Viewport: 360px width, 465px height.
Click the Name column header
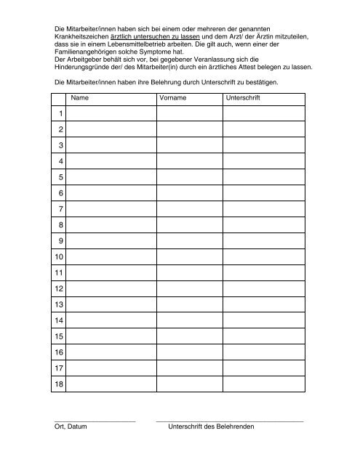pyautogui.click(x=81, y=97)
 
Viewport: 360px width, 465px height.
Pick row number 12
pyautogui.click(x=59, y=288)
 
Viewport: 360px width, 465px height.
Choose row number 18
pyautogui.click(x=59, y=383)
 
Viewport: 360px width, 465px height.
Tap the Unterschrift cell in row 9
pyautogui.click(x=263, y=240)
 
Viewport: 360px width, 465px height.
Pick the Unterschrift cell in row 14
pyautogui.click(x=263, y=320)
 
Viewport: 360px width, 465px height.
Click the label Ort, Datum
pyautogui.click(x=71, y=427)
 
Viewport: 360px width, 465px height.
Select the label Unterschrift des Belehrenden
pyautogui.click(x=211, y=427)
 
